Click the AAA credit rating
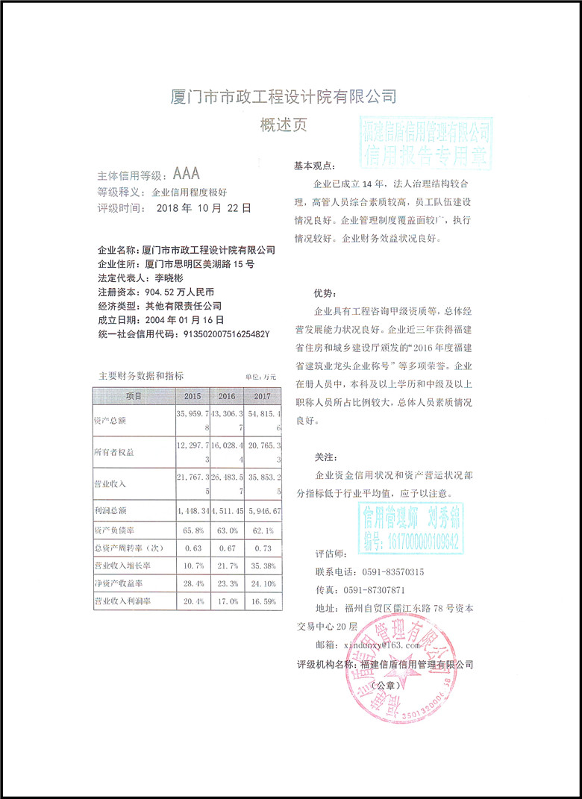point(187,175)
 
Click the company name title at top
point(284,97)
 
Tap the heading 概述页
point(283,125)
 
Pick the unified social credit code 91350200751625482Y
point(226,333)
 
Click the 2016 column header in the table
point(224,395)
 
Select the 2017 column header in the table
point(262,395)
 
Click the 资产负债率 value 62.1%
point(262,531)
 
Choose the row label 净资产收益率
point(119,582)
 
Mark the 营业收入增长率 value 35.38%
point(262,565)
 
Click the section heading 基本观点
point(315,165)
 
